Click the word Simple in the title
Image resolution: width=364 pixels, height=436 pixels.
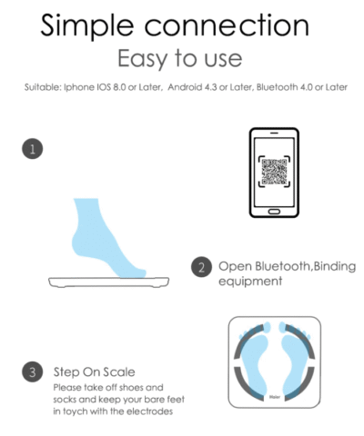pyautogui.click(x=87, y=26)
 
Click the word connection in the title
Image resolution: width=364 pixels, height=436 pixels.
pyautogui.click(x=227, y=25)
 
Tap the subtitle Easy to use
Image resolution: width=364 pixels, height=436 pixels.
pyautogui.click(x=180, y=59)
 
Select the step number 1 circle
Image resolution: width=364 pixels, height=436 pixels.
pyautogui.click(x=33, y=148)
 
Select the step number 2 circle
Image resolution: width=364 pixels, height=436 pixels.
pyautogui.click(x=201, y=267)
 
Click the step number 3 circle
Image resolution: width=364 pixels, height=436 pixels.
pyautogui.click(x=33, y=372)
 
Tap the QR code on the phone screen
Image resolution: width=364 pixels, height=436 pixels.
pyautogui.click(x=274, y=172)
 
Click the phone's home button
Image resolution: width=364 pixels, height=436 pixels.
pyautogui.click(x=274, y=212)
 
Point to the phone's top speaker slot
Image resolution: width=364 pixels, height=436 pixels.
pyautogui.click(x=274, y=133)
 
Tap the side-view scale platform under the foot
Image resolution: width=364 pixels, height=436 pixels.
pyautogui.click(x=109, y=282)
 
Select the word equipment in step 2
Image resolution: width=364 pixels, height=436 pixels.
pyautogui.click(x=250, y=282)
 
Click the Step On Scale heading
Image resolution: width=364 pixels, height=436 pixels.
pyautogui.click(x=95, y=372)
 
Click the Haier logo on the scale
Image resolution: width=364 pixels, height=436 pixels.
pyautogui.click(x=275, y=397)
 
